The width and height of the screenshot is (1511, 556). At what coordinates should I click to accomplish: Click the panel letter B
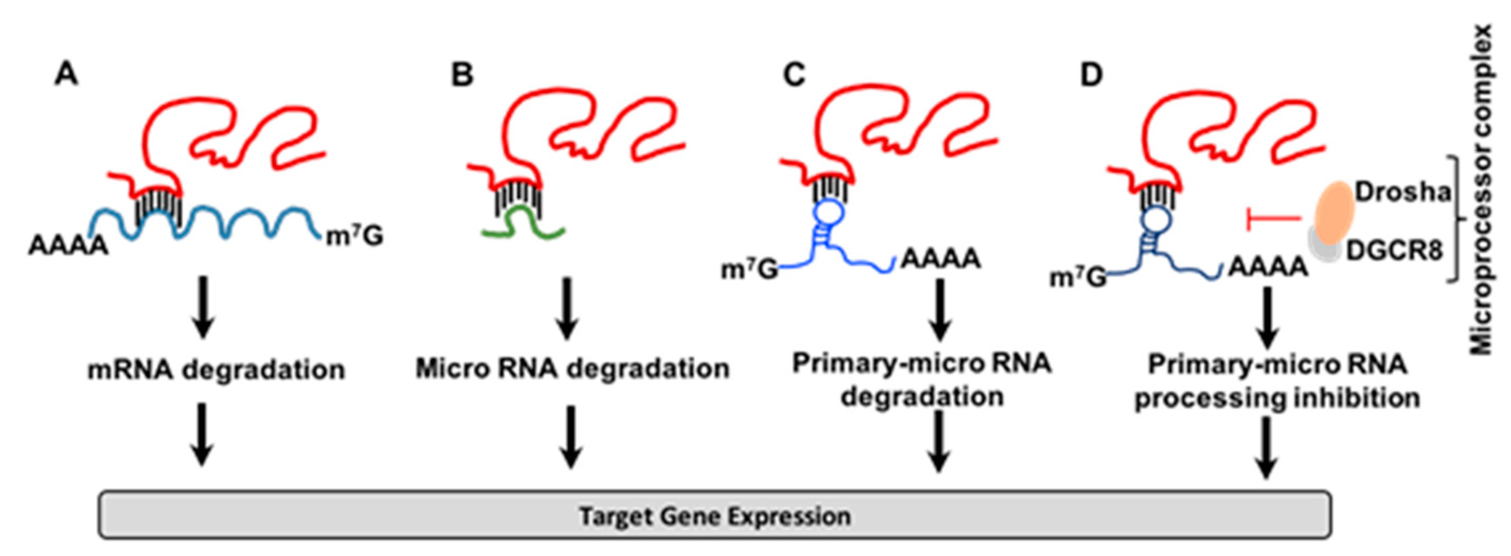pyautogui.click(x=462, y=75)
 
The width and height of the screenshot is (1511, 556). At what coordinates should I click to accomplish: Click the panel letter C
pyautogui.click(x=794, y=75)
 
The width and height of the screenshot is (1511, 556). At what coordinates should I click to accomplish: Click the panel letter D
pyautogui.click(x=1091, y=75)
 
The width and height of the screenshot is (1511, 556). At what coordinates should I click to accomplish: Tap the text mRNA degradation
pyautogui.click(x=216, y=370)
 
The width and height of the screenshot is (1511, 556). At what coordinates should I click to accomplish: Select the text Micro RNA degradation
pyautogui.click(x=572, y=369)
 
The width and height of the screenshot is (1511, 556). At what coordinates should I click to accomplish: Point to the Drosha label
pyautogui.click(x=1402, y=192)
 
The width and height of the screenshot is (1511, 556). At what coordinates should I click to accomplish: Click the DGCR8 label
pyautogui.click(x=1394, y=251)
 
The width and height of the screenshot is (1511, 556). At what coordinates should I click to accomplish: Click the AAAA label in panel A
pyautogui.click(x=68, y=245)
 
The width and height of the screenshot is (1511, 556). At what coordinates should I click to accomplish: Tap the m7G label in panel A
pyautogui.click(x=354, y=236)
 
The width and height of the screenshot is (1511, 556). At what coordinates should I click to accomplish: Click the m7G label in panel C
pyautogui.click(x=748, y=270)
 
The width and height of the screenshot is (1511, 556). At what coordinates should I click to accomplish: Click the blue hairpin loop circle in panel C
pyautogui.click(x=829, y=211)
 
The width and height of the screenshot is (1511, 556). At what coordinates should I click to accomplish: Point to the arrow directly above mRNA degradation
pyautogui.click(x=203, y=307)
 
